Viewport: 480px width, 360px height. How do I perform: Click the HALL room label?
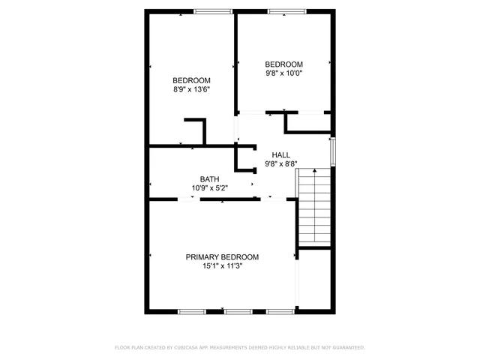click(281, 154)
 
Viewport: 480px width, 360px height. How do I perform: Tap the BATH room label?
click(209, 178)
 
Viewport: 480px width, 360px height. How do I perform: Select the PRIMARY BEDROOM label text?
click(222, 256)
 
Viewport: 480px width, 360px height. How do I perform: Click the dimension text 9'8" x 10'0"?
click(284, 73)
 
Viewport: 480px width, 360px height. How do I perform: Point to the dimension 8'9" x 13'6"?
click(191, 90)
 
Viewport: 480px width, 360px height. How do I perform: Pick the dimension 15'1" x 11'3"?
click(222, 265)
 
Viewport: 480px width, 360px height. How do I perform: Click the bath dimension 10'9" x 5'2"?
click(209, 187)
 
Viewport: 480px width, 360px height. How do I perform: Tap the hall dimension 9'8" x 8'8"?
click(281, 164)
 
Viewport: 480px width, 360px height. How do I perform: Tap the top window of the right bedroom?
click(287, 10)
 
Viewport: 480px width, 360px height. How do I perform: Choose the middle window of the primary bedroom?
click(238, 310)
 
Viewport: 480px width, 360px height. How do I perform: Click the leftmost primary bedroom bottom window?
click(191, 310)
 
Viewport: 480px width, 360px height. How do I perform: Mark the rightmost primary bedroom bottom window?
click(280, 310)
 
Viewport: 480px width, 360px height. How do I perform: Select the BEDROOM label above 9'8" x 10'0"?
click(284, 64)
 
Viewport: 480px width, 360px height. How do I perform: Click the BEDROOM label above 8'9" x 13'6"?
click(191, 80)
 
